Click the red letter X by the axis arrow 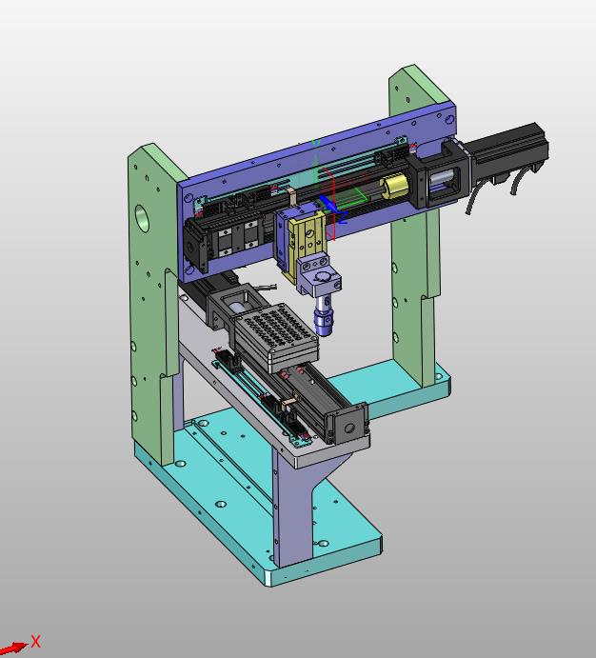pos(36,641)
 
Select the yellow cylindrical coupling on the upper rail pos(394,186)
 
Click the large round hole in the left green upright pos(142,217)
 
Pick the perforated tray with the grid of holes pos(274,337)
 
